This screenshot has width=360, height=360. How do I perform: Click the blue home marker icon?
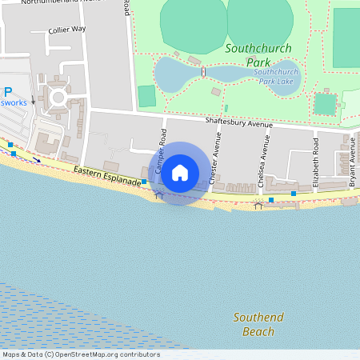(180, 173)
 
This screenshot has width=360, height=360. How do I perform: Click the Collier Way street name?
(67, 29)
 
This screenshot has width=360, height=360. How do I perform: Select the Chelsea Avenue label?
(264, 160)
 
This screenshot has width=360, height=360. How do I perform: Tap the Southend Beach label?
(258, 324)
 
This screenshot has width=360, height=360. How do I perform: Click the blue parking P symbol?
(7, 92)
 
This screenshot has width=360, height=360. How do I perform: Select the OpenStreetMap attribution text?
(80, 354)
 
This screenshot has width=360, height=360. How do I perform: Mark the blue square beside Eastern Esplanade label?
(144, 182)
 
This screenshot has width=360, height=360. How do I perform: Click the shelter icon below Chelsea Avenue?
(258, 205)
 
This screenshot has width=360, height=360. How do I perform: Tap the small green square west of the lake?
(146, 95)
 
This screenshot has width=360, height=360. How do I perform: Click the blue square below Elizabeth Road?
(294, 194)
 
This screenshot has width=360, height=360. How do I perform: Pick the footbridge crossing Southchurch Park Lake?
(204, 73)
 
